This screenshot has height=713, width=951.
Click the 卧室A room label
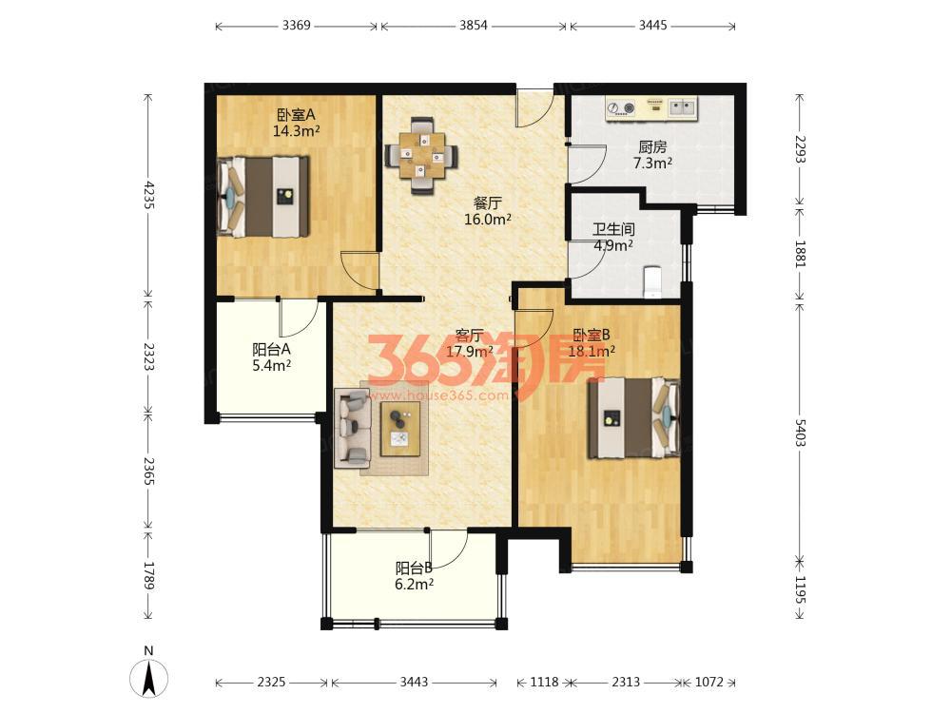coord(296,115)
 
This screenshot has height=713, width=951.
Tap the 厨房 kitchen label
coord(652,147)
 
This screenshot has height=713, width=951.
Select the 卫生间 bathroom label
coord(613,229)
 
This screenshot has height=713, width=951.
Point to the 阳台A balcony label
coord(271,349)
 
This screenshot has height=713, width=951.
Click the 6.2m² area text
coord(415,585)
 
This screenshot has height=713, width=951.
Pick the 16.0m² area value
coord(488,220)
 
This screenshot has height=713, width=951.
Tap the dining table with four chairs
coord(422,156)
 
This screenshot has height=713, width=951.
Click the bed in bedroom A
coord(262,197)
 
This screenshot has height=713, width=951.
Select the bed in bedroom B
coord(633,418)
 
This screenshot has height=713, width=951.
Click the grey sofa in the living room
coord(353,428)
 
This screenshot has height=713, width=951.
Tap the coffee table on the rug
coord(400,429)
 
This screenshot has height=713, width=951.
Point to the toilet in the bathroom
coord(652,282)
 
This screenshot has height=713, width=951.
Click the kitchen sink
coord(684,108)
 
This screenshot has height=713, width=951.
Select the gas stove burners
coord(621,108)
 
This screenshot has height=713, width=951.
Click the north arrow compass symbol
coord(148,678)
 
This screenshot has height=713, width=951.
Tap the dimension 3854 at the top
coord(473,26)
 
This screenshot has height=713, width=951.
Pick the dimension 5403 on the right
coord(800,433)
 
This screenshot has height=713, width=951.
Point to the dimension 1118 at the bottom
coord(544,682)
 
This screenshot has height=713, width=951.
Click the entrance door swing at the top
coord(534,109)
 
